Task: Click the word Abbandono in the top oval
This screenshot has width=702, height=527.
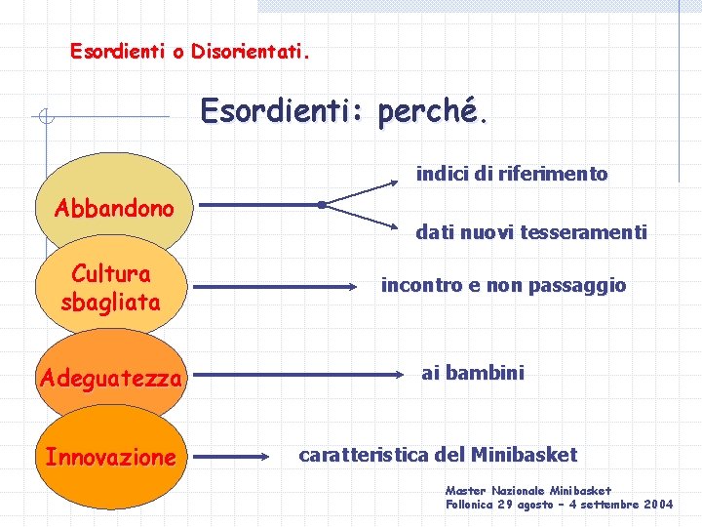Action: point(115,208)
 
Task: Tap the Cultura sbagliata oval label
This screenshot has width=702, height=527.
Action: point(110,288)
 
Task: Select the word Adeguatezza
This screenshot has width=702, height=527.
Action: point(111,378)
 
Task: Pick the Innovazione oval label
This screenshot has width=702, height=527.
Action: point(111,456)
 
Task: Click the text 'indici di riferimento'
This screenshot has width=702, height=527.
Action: point(512,175)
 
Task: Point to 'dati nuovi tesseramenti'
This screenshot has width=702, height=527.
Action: point(531,232)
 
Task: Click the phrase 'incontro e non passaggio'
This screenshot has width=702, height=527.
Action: point(503,286)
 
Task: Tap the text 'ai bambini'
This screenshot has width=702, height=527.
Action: point(473,373)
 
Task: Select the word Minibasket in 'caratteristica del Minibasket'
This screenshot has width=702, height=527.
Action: point(524,455)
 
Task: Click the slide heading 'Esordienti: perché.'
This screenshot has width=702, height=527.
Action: point(341,111)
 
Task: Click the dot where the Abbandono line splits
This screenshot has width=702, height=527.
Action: point(321,205)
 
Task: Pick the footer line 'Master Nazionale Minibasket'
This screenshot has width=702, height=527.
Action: point(528,490)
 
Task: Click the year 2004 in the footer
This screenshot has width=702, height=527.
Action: point(655,505)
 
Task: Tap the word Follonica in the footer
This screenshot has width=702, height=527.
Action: point(471,505)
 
